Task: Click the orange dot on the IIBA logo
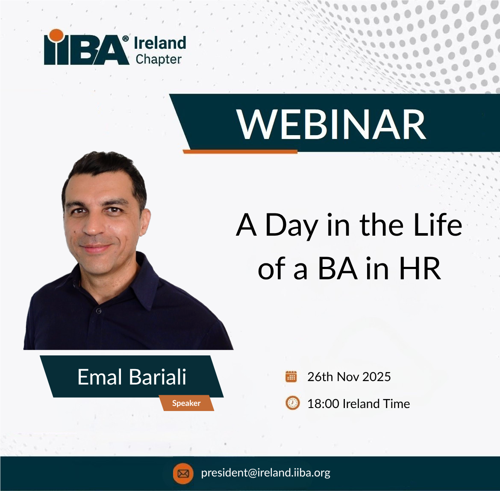click(57, 35)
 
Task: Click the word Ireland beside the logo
click(160, 43)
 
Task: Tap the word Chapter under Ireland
click(159, 59)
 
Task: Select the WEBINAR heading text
click(331, 124)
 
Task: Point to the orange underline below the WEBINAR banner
click(240, 151)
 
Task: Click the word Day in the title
click(291, 227)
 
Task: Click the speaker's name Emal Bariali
click(132, 377)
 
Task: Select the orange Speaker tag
click(187, 403)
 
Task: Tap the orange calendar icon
click(291, 376)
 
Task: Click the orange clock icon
click(292, 403)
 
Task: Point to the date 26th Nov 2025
click(349, 377)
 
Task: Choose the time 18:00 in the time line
click(323, 404)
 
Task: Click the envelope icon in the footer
click(183, 473)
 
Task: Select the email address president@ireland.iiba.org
click(266, 473)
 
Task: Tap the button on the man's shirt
click(99, 311)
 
